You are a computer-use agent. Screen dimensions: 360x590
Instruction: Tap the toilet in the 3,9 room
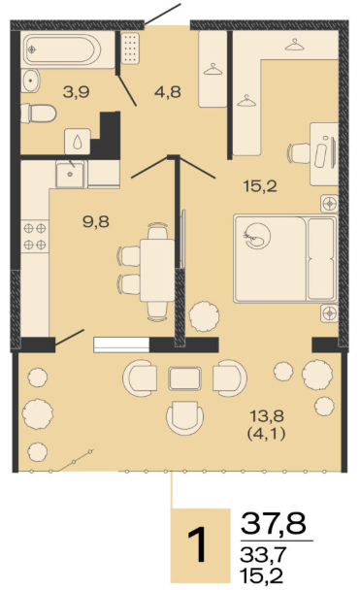[39, 114]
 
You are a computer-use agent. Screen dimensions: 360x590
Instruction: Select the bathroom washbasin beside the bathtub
[30, 81]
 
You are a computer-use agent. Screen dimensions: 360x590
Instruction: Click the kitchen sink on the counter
[70, 174]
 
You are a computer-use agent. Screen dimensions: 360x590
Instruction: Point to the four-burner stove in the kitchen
[35, 237]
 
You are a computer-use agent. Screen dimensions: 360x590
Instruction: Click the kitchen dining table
[157, 270]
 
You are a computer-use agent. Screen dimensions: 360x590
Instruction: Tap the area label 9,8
[96, 221]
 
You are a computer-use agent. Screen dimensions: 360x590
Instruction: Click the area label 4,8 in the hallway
[168, 91]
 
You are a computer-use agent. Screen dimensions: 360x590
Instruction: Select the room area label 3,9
[77, 91]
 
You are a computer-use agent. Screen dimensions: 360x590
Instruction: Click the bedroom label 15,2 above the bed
[260, 186]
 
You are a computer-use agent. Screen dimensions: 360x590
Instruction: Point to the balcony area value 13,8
[267, 416]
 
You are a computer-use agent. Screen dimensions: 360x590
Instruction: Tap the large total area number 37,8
[274, 523]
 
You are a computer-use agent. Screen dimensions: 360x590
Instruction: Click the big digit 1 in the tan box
[198, 544]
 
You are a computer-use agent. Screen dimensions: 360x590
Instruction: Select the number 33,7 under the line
[263, 554]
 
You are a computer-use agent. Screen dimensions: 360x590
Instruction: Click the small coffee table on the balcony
[184, 378]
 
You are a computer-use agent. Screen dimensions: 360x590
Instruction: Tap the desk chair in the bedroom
[299, 153]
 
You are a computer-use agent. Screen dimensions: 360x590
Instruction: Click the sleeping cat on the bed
[257, 236]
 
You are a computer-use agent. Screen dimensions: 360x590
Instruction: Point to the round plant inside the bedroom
[205, 316]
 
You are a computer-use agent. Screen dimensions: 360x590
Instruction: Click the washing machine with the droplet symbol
[77, 142]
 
